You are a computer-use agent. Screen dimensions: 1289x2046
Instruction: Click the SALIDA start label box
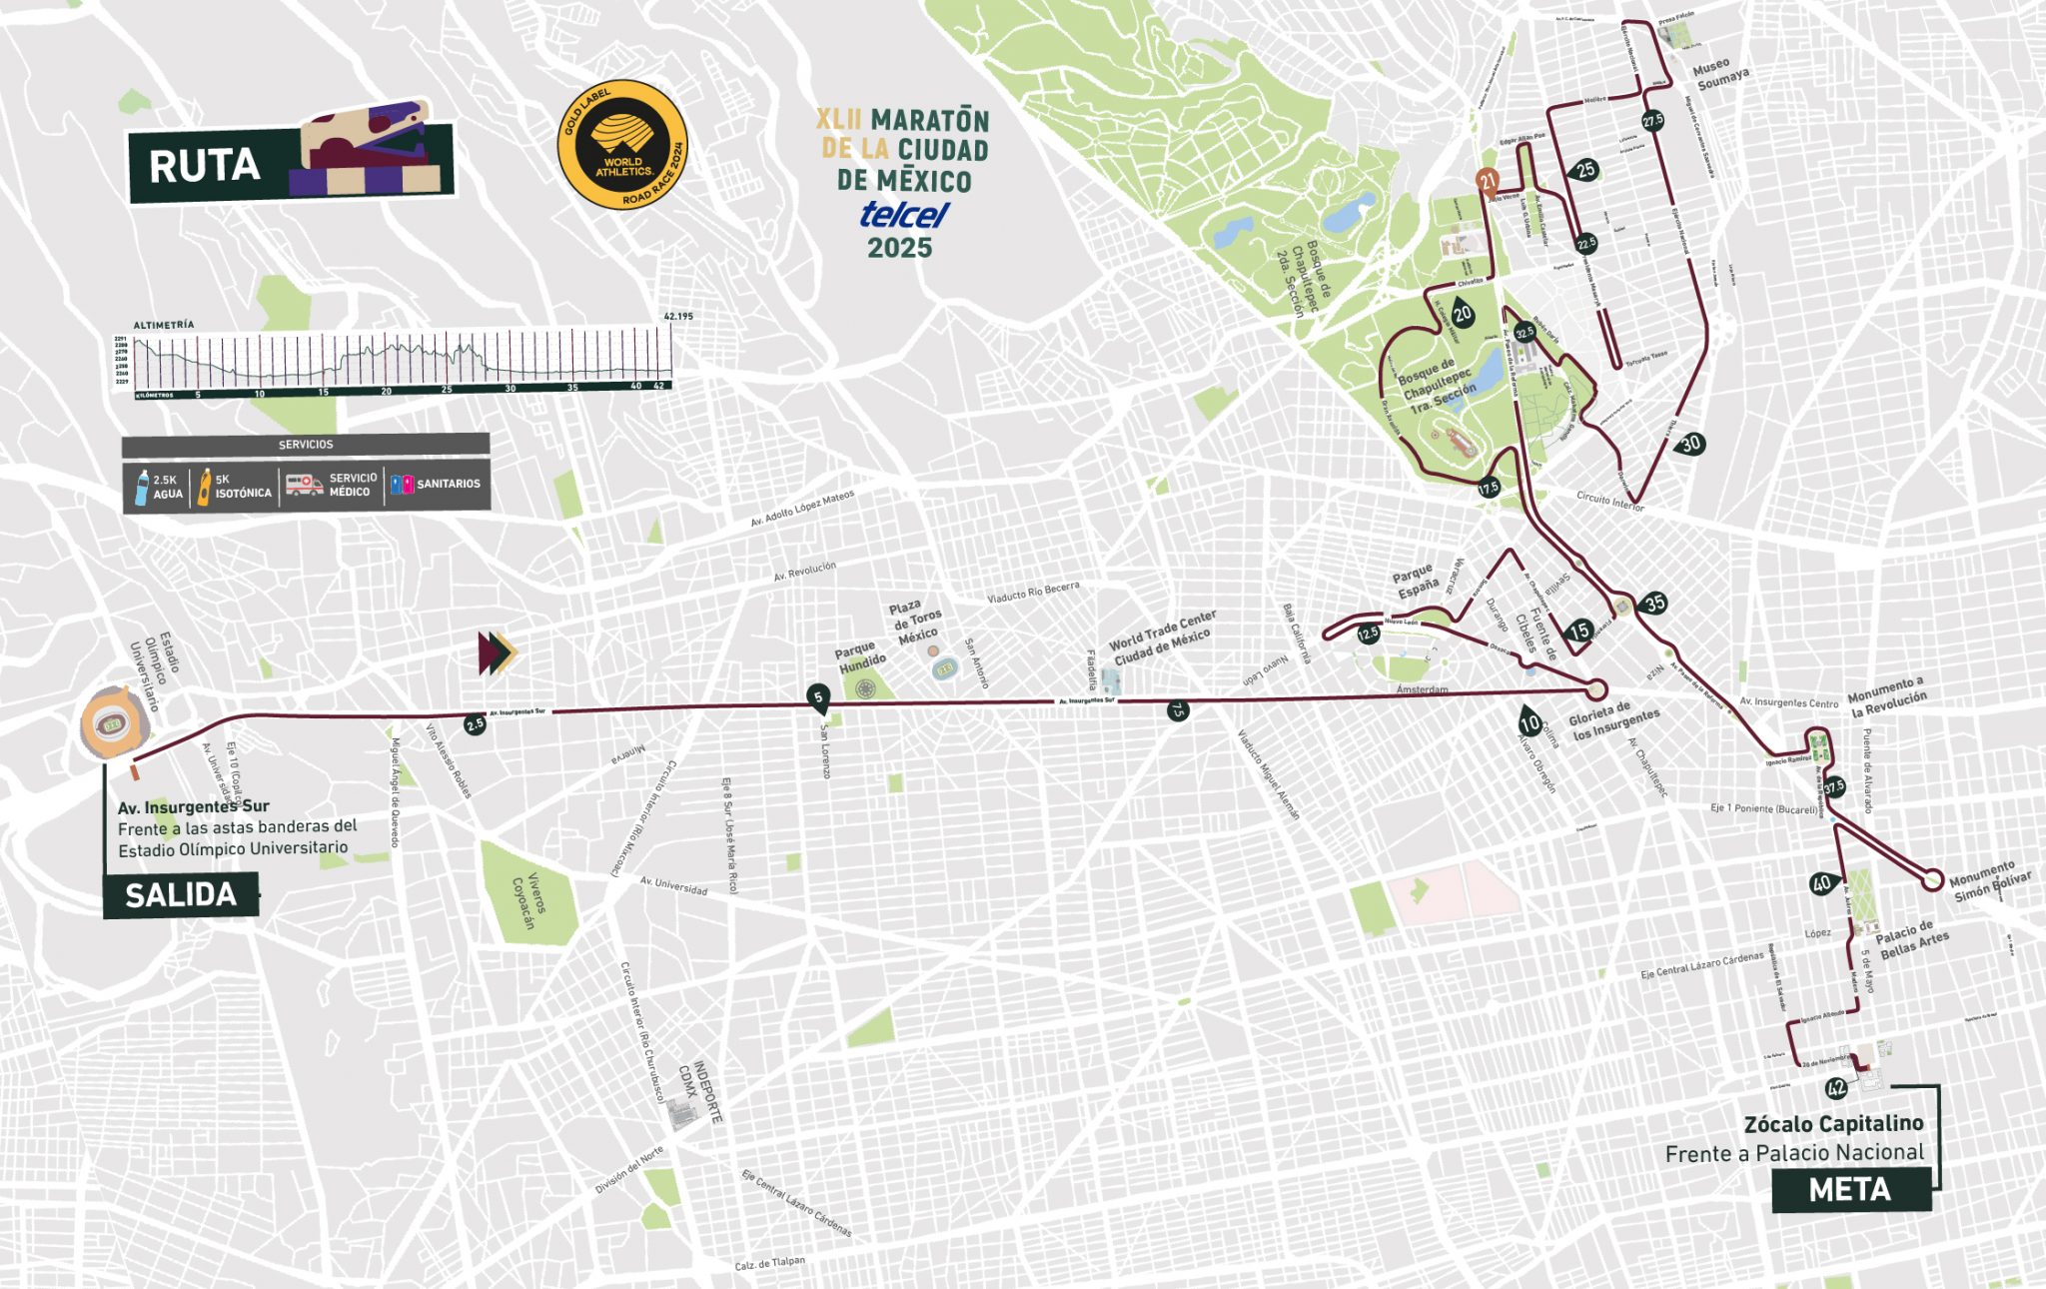[x=181, y=894]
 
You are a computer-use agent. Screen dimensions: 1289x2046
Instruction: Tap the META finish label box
[x=1850, y=1189]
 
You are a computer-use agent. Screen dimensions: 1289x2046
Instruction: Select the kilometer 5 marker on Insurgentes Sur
[x=818, y=697]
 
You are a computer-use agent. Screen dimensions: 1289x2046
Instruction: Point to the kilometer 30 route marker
[x=1690, y=444]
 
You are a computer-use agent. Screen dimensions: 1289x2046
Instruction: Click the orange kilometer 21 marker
[x=1488, y=181]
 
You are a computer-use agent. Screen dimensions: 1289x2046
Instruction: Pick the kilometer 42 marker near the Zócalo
[x=1835, y=1088]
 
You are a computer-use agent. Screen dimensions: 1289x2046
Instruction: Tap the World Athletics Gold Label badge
[x=622, y=145]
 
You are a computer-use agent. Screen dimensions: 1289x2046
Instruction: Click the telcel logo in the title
[x=903, y=214]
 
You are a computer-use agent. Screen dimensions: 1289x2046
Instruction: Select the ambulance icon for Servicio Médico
[x=304, y=485]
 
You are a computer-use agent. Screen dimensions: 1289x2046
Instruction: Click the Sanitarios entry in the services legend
[x=436, y=484]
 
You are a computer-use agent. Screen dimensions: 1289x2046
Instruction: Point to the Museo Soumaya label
[x=1720, y=74]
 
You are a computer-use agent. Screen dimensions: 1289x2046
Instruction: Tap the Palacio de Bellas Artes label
[x=1910, y=938]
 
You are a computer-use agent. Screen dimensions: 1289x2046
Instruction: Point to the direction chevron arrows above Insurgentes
[x=497, y=652]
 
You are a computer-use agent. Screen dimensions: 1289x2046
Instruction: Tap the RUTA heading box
[x=205, y=166]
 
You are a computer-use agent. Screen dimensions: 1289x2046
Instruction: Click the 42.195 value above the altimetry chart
[x=677, y=316]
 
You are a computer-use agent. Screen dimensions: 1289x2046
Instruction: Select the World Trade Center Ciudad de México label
[x=1163, y=638]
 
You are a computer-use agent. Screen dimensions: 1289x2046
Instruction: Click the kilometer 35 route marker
[x=1655, y=603]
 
